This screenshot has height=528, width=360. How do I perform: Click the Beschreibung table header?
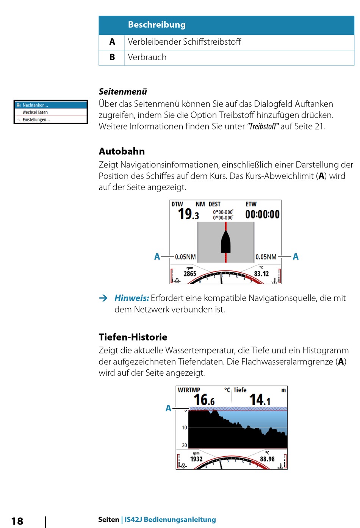point(157,25)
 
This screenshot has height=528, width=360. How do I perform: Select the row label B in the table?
point(112,57)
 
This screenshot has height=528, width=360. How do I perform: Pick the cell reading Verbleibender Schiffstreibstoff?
point(184,42)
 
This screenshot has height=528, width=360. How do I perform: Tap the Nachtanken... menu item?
point(35,105)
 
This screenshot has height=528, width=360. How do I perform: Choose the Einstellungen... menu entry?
point(36,120)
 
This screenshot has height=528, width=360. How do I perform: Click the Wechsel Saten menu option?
point(35,112)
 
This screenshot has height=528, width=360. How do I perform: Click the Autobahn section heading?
point(122,152)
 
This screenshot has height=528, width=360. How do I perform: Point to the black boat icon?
point(225,242)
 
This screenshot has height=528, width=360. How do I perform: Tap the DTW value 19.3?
point(188,214)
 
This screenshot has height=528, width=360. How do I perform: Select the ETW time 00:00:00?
point(262,214)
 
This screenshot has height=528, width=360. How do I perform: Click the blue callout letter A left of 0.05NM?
point(157,256)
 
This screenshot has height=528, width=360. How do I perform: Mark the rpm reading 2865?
point(190,274)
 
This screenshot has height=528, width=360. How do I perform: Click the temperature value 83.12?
point(261,274)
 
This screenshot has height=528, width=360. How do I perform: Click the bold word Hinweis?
point(131,298)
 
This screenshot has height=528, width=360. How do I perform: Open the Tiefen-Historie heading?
point(133,337)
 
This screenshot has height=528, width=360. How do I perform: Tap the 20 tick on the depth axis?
point(185,445)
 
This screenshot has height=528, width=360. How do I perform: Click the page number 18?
point(17,521)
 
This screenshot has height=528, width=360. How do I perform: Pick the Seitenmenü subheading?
point(123,92)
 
